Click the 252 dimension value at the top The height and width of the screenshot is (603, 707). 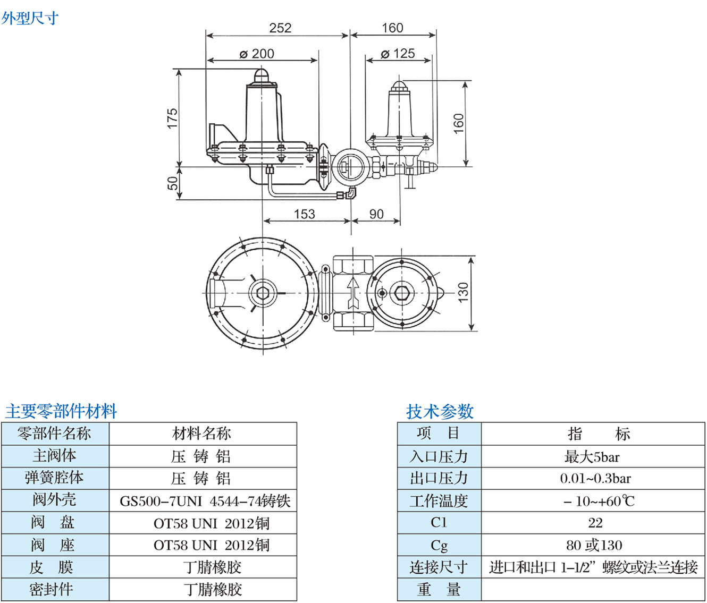tap(280, 28)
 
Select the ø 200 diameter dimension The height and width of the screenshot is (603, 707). tap(257, 54)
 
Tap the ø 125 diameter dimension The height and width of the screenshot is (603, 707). tap(398, 54)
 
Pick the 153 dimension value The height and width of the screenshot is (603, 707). tap(304, 214)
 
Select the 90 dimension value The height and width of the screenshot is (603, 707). tap(376, 214)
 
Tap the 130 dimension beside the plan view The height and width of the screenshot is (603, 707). tap(463, 293)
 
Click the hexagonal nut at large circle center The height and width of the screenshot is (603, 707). tap(262, 293)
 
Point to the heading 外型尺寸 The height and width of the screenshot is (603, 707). tap(30, 18)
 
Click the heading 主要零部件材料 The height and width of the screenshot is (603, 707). tap(61, 411)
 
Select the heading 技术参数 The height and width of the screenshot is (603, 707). tap(439, 411)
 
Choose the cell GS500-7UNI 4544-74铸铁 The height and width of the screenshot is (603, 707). tap(205, 501)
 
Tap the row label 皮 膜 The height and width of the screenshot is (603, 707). tap(52, 567)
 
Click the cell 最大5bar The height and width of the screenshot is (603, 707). tap(592, 456)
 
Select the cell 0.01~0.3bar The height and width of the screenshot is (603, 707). tap(595, 479)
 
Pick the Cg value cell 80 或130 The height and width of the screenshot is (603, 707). tap(594, 545)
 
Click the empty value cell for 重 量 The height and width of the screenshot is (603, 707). tap(593, 590)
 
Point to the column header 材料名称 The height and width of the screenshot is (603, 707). tap(202, 434)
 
